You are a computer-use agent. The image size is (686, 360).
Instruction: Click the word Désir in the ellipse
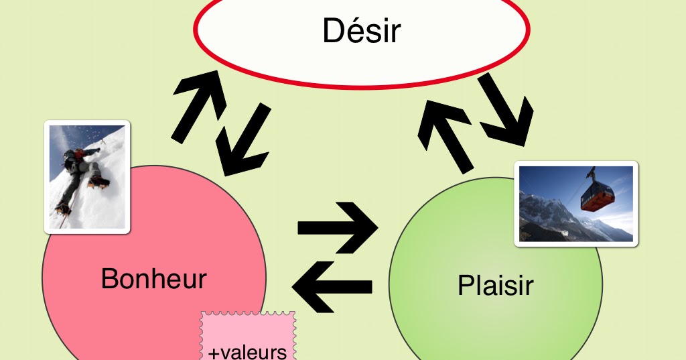(361, 31)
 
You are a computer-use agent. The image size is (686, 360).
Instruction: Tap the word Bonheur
(153, 278)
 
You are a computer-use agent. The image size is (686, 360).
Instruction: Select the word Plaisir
(495, 285)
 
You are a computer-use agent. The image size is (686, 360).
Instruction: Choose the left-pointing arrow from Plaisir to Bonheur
(332, 286)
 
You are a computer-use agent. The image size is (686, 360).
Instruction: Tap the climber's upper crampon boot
(96, 180)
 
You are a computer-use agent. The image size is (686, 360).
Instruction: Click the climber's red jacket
(80, 154)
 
